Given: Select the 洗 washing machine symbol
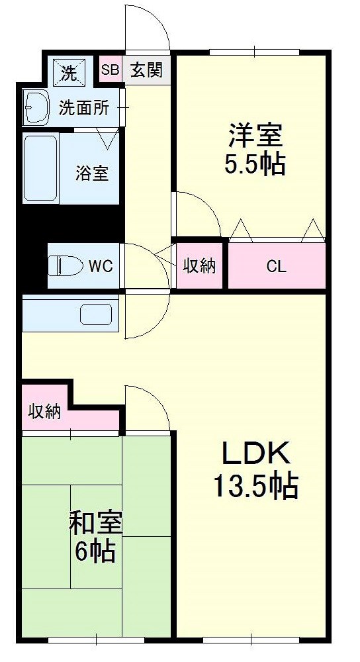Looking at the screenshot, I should pyautogui.click(x=69, y=71).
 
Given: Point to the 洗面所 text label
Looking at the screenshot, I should pyautogui.click(x=84, y=107).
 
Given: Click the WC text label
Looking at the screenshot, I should pyautogui.click(x=101, y=266).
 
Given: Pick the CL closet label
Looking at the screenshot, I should pyautogui.click(x=277, y=267).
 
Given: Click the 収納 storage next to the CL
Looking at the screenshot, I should pyautogui.click(x=199, y=266).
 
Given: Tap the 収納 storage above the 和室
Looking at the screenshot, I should pyautogui.click(x=44, y=412).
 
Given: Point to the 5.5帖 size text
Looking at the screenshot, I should pyautogui.click(x=255, y=164).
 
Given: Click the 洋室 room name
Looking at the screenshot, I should pyautogui.click(x=255, y=136).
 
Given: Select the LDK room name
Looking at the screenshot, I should pyautogui.click(x=255, y=455).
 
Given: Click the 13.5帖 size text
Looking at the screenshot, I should pyautogui.click(x=255, y=487).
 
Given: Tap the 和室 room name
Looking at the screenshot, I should pyautogui.click(x=96, y=523).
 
